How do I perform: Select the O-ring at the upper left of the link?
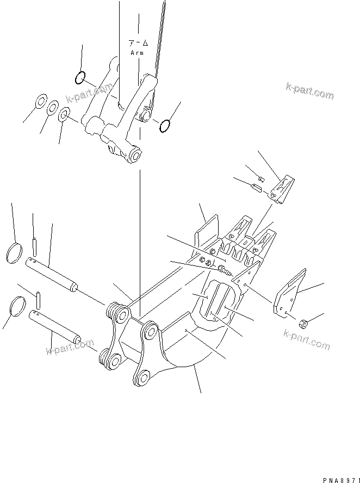(80, 78)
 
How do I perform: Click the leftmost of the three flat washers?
(40, 102)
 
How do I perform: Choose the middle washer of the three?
(52, 108)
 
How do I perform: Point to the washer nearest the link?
(64, 114)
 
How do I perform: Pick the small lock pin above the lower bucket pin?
(39, 299)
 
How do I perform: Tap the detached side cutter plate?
(290, 293)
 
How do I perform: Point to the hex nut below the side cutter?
(305, 325)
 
